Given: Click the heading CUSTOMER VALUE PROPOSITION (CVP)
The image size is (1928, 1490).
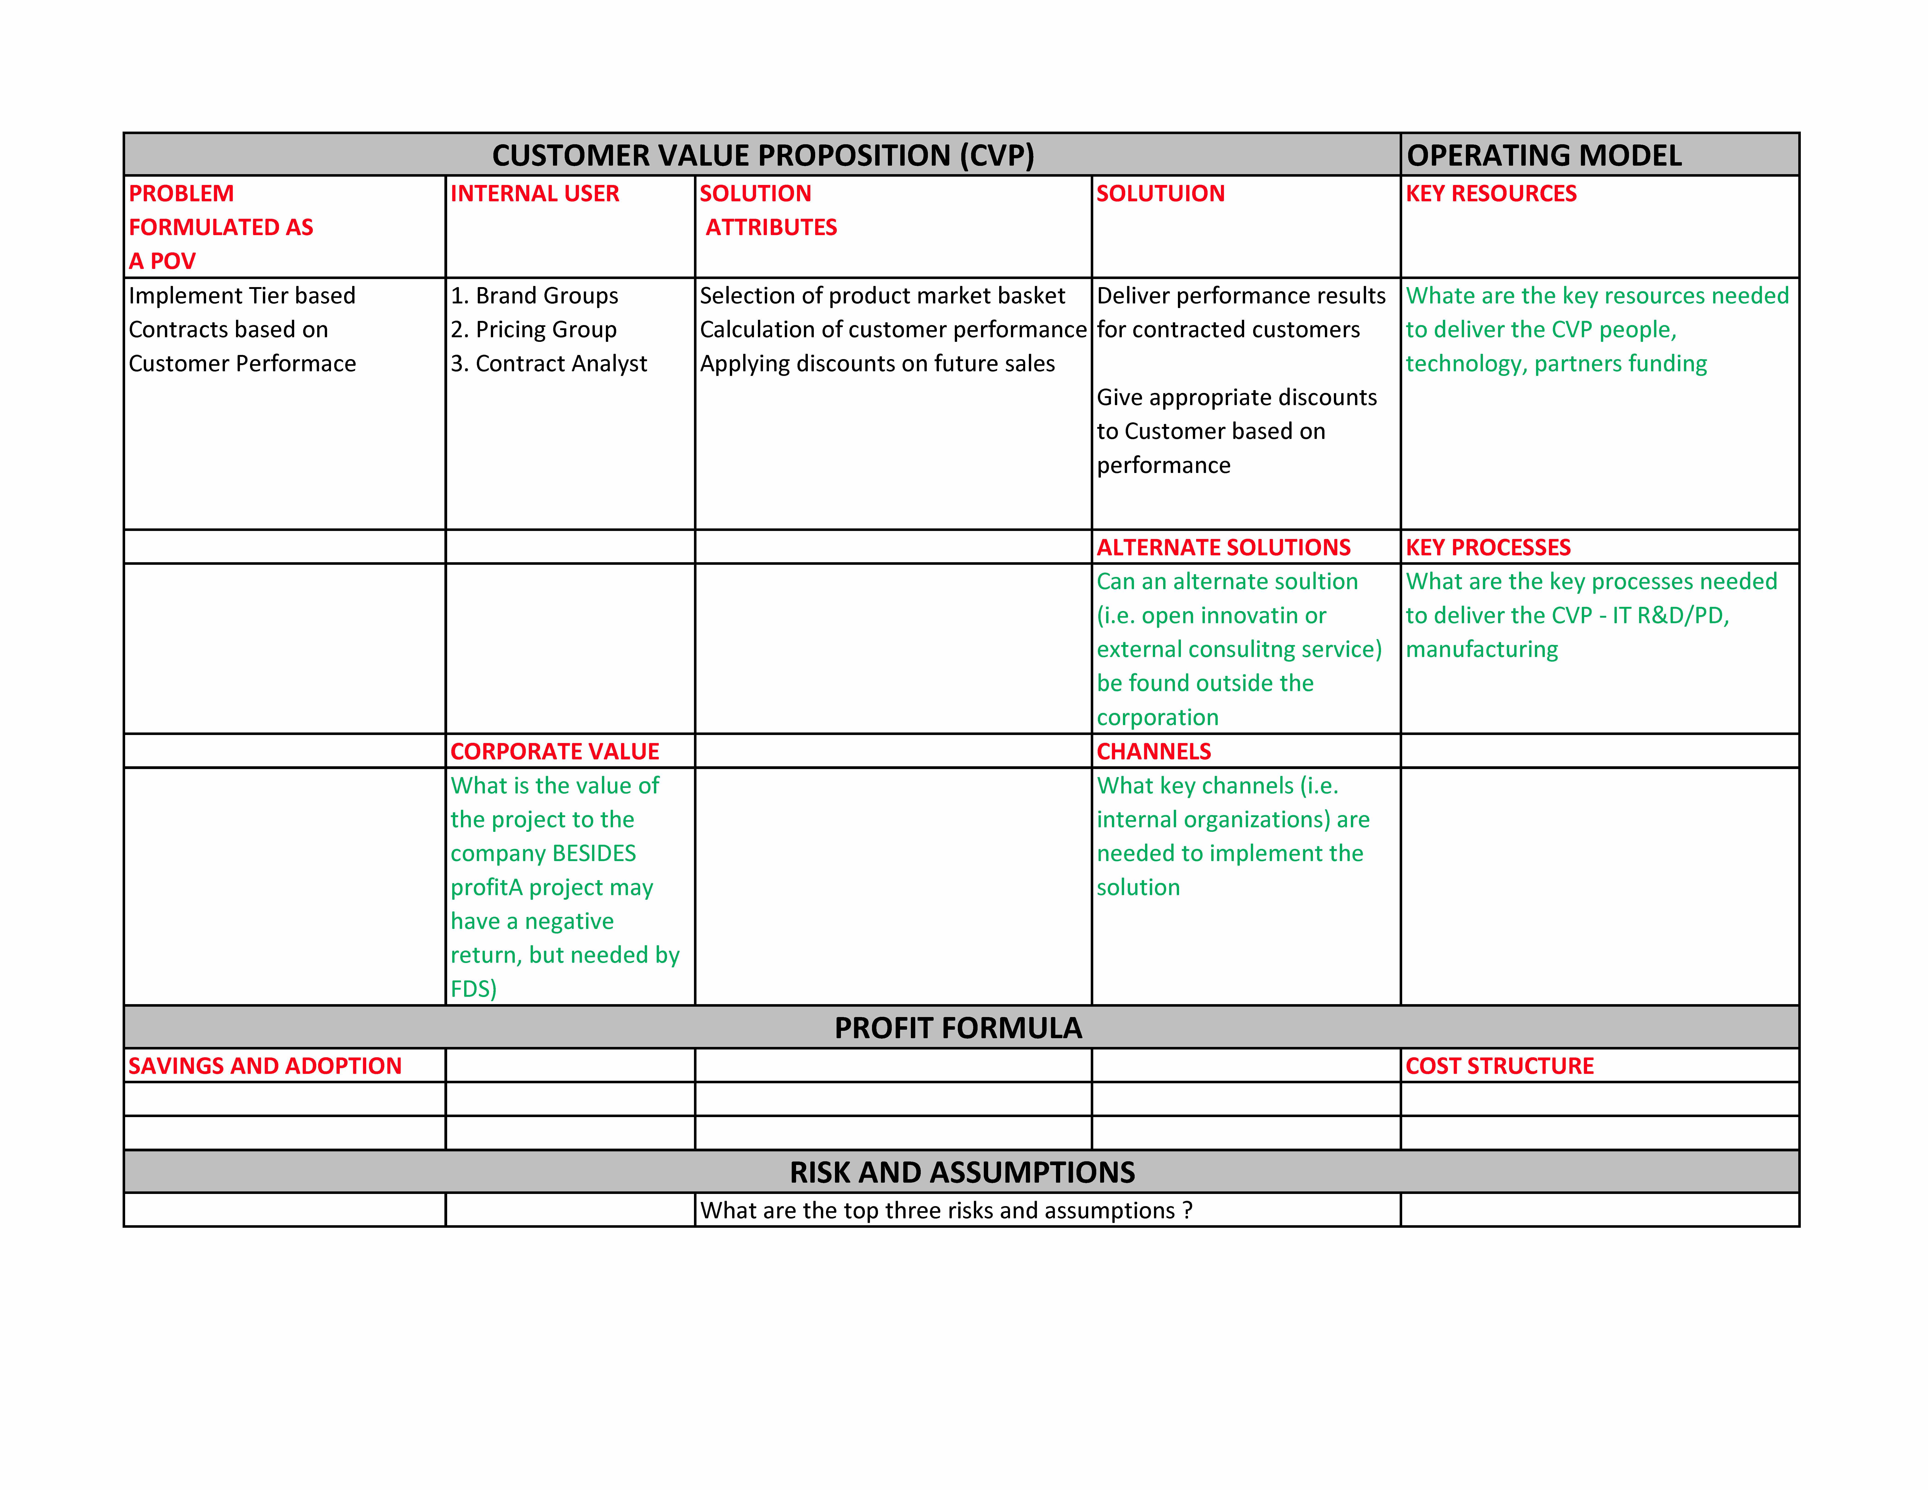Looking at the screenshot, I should coord(763,155).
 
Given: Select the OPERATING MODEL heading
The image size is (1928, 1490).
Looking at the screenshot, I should coord(1544,155).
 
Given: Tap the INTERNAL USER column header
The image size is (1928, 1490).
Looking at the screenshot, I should coord(535,193).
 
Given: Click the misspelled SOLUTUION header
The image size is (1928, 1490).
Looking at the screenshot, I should coord(1160,193).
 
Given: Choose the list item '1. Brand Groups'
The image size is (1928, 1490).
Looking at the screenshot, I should coord(534,296).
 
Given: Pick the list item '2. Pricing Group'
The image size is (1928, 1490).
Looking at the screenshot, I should coord(533,329).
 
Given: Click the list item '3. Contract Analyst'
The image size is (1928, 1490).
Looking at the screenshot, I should coord(548,364).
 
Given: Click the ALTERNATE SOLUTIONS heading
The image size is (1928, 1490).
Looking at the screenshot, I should coord(1223,547).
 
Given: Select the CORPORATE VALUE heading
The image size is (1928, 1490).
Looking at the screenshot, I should coord(554,751).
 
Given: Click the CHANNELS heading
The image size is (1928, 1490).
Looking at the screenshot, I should coord(1154,751).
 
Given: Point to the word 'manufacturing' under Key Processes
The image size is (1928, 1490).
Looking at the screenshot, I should coord(1481,650).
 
